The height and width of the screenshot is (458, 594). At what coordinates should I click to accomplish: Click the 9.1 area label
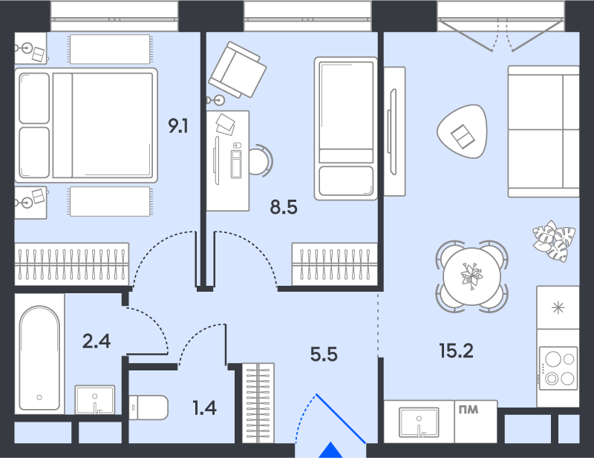pos(178,126)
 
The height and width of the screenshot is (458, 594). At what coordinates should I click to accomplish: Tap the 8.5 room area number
pos(284,208)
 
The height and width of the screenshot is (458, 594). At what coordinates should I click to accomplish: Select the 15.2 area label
pos(457,351)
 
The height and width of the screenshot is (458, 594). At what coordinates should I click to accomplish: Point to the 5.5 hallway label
pos(324,355)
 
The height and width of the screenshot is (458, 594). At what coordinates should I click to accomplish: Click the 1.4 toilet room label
pos(205,408)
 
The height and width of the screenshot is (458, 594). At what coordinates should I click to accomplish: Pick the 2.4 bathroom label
pos(97,341)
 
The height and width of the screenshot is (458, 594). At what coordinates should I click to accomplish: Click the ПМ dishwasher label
pos(469,410)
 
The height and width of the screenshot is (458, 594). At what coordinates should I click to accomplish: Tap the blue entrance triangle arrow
pos(330,450)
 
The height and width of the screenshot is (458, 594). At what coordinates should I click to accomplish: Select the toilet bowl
pos(148,408)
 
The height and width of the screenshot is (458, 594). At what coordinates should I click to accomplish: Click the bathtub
pos(39,358)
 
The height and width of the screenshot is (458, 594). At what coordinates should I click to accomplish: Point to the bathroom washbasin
pos(95,399)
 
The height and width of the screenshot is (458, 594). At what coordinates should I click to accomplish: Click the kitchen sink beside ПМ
pos(419,422)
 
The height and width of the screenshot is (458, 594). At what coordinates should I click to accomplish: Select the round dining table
pos(472,277)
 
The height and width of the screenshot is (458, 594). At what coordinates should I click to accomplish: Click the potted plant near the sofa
pos(554,241)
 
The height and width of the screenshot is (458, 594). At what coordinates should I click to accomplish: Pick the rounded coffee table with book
pos(462,131)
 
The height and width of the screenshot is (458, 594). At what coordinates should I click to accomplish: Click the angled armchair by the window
pos(238,70)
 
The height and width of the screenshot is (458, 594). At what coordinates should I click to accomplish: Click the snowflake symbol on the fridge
pos(558,307)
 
